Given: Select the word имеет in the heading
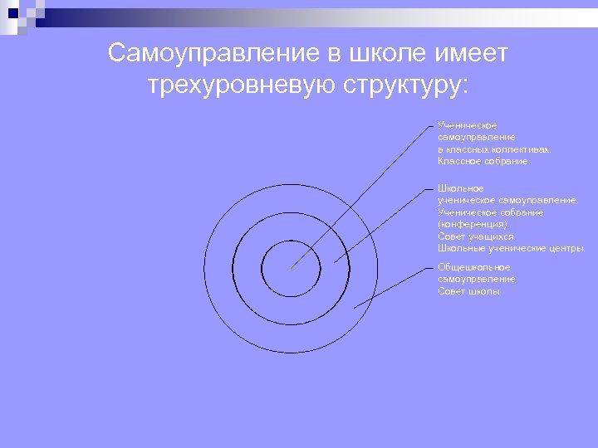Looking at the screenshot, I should [469, 54].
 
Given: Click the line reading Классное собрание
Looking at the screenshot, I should [483, 161].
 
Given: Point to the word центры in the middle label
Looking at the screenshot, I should [566, 248].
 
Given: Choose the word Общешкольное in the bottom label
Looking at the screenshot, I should [473, 267].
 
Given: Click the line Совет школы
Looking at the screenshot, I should [469, 291].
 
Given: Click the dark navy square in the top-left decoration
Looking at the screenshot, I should [12, 12].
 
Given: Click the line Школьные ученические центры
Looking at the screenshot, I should [511, 248].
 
